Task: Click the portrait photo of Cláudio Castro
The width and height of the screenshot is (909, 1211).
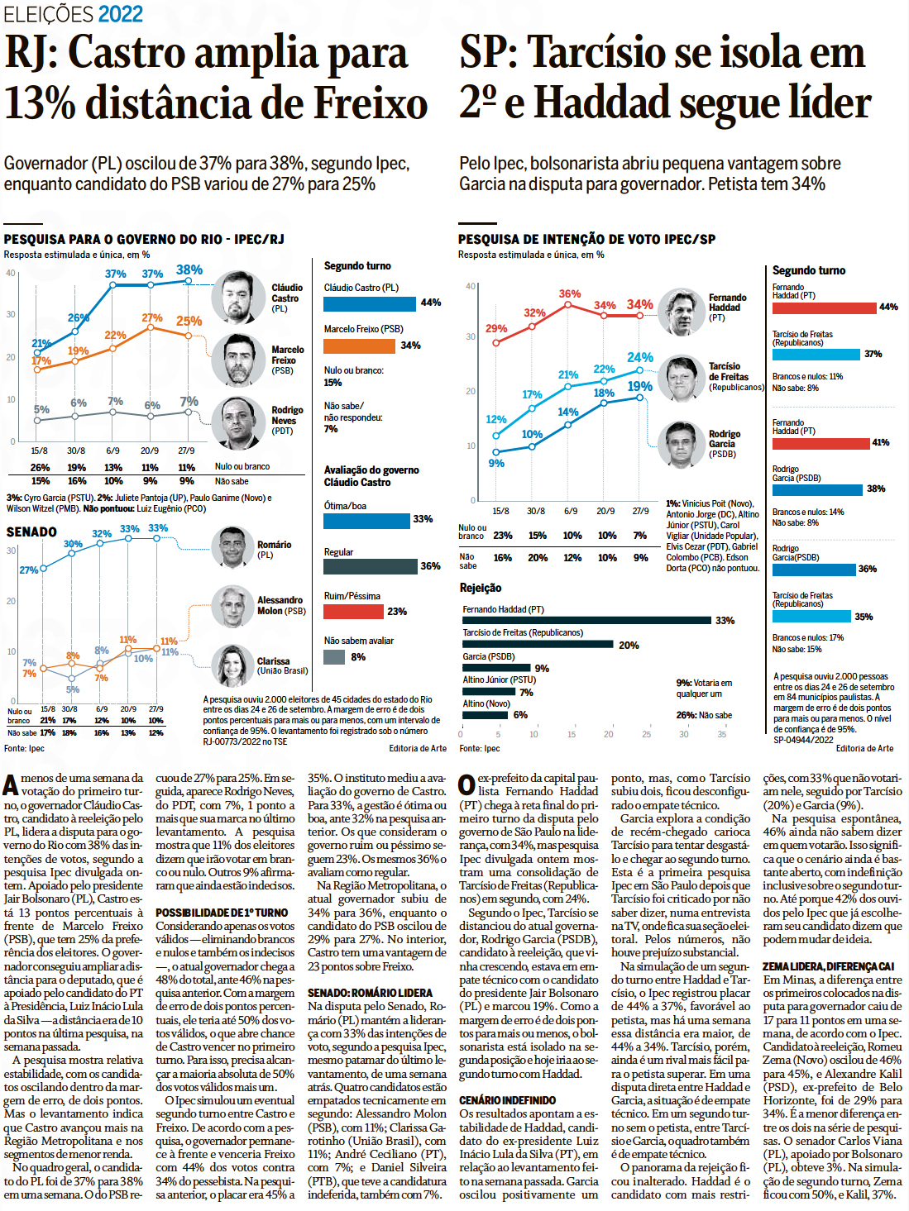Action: (237, 297)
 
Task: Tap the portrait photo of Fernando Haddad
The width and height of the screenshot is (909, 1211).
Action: (682, 312)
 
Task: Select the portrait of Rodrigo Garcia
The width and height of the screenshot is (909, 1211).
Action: (681, 444)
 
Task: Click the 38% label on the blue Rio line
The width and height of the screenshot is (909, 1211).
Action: (189, 269)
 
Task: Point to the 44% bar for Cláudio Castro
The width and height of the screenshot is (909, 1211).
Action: (371, 303)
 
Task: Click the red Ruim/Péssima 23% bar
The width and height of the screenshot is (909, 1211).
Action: (353, 612)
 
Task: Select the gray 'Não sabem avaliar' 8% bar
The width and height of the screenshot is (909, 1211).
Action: (334, 657)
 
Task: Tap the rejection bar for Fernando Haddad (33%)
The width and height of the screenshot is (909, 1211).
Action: (586, 620)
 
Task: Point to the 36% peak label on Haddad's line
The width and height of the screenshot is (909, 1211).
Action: (569, 293)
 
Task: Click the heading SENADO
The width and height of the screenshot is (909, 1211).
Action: (31, 532)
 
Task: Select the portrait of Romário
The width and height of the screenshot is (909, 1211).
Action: (232, 547)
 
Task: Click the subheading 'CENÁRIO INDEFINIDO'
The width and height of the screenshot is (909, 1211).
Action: (507, 1100)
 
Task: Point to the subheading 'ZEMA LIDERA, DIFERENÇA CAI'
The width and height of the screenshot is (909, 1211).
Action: (828, 966)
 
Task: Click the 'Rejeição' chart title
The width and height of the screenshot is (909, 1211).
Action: (481, 588)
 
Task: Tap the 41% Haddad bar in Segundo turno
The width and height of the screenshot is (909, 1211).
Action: (820, 443)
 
